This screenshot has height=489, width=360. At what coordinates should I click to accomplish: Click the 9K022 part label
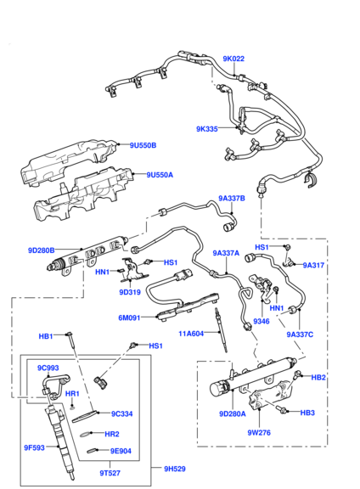point(233,59)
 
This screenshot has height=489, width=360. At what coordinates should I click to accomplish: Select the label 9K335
point(207,129)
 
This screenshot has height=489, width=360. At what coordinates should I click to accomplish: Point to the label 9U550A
point(159,175)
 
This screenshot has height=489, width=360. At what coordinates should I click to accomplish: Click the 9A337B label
point(231,199)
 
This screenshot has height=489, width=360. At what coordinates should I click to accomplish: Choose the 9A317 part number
point(313,265)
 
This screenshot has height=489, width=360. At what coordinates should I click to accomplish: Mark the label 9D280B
point(41,250)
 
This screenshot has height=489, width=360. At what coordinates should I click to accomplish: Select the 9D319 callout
point(128,291)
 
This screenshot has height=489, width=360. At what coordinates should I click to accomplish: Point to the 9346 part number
point(262,322)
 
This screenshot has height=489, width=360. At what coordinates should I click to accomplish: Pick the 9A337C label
point(300,334)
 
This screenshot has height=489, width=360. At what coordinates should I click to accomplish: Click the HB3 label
point(307,413)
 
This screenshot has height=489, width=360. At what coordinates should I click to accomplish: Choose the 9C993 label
point(48,368)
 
